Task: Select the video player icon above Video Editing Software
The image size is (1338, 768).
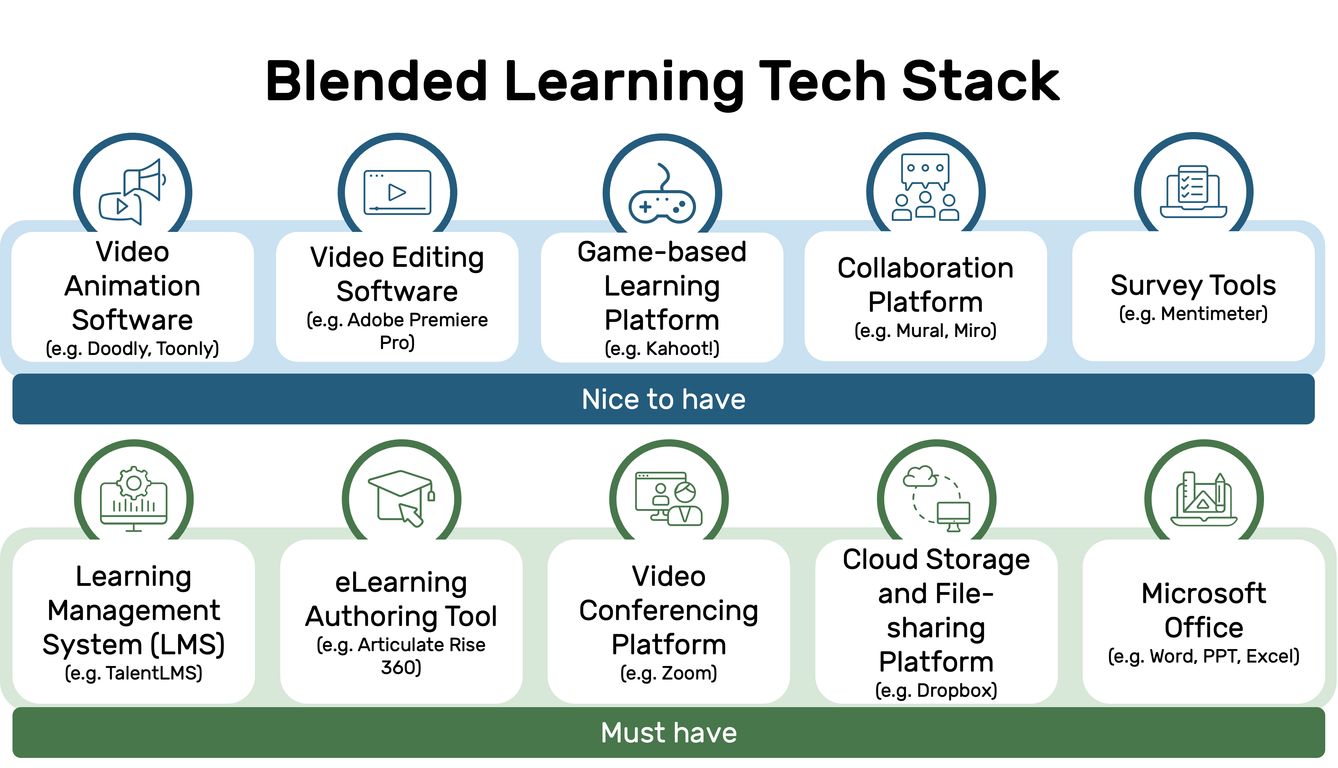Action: click(397, 192)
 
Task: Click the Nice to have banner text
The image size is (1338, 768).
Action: click(663, 399)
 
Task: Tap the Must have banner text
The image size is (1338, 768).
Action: click(669, 733)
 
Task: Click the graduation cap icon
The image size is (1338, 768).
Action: click(400, 484)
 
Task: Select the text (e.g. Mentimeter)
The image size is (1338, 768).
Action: click(1193, 313)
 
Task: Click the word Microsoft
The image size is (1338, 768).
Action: click(1203, 593)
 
